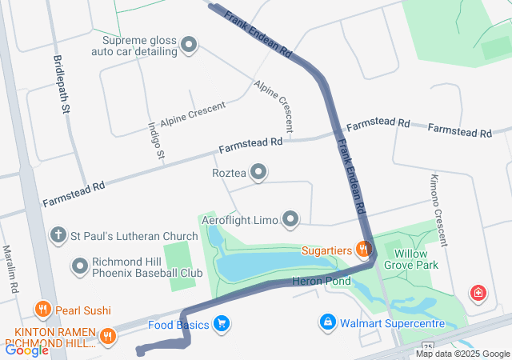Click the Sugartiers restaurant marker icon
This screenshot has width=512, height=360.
[363, 250]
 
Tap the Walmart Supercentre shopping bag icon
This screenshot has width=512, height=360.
[327, 322]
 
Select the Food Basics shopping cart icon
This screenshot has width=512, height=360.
[222, 324]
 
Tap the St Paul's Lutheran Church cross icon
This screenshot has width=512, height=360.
[58, 235]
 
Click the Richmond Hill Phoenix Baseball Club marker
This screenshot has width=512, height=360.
[80, 265]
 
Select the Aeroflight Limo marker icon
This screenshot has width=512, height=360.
[290, 218]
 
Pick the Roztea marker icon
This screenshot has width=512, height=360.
[258, 172]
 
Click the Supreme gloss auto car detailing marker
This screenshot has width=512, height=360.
[189, 45]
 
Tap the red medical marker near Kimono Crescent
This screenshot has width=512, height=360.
[478, 293]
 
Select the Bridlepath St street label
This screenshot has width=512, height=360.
[62, 83]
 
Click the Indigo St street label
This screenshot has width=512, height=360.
[156, 139]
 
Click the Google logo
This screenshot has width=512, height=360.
[27, 350]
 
